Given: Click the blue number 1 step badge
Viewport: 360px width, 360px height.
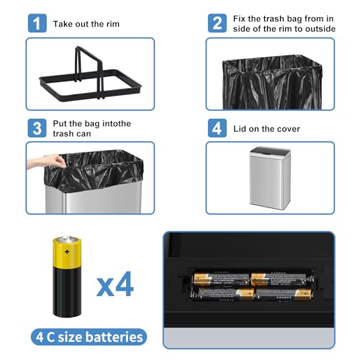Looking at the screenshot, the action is pyautogui.click(x=37, y=23).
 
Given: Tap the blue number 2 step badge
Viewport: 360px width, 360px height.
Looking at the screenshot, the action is pyautogui.click(x=217, y=23).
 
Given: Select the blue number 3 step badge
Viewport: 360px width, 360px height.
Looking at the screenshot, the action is pyautogui.click(x=37, y=128).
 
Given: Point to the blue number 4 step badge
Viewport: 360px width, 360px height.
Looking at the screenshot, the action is pyautogui.click(x=217, y=128).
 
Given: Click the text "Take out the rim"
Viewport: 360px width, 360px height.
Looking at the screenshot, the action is pyautogui.click(x=86, y=24).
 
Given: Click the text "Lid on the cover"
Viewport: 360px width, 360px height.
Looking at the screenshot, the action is pyautogui.click(x=266, y=129).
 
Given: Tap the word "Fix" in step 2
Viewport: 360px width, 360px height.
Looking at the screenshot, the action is pyautogui.click(x=240, y=19).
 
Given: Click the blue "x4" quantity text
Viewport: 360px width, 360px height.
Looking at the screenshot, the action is pyautogui.click(x=115, y=284).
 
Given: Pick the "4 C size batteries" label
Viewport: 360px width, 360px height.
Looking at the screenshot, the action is pyautogui.click(x=89, y=337).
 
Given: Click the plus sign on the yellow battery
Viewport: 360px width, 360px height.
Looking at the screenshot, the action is pyautogui.click(x=67, y=251).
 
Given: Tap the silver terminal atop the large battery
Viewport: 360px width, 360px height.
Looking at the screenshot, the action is pyautogui.click(x=67, y=239).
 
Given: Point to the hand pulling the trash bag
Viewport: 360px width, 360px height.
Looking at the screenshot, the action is pyautogui.click(x=47, y=161).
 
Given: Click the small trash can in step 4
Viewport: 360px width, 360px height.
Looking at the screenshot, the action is pyautogui.click(x=270, y=178).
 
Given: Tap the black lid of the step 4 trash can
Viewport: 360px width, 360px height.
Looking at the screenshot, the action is pyautogui.click(x=270, y=150).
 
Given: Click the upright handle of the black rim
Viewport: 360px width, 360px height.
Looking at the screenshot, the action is pyautogui.click(x=89, y=72).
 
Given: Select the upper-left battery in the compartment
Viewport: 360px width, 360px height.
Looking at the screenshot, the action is pyautogui.click(x=221, y=279).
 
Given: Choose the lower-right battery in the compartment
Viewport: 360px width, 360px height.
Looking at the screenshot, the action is pyautogui.click(x=284, y=294).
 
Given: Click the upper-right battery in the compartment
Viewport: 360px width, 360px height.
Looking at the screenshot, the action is pyautogui.click(x=279, y=279).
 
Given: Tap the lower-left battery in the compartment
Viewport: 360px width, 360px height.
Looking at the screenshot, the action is pyautogui.click(x=225, y=294).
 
